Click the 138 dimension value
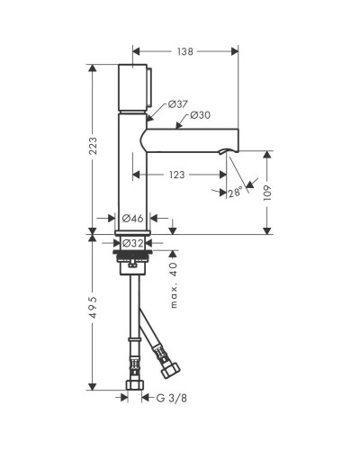pos(185,51)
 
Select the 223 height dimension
pos(94,146)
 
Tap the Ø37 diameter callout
pos(177,104)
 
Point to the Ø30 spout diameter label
pos(201,115)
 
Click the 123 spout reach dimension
pos(176,175)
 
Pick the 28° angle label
pos(235,192)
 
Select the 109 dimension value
pos(267,193)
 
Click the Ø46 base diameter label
pos(132,218)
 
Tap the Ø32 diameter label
pos(133,243)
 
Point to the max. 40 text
pos(174,285)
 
